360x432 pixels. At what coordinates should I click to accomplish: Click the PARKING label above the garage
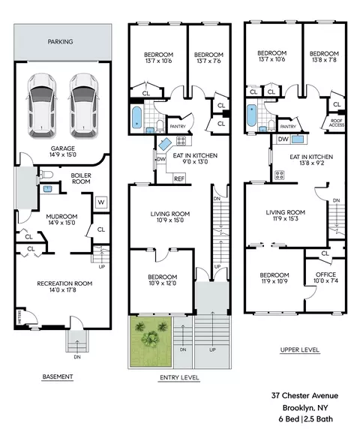click(60, 41)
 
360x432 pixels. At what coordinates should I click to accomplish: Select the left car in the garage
click(41, 106)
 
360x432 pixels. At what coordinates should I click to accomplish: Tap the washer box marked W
click(101, 202)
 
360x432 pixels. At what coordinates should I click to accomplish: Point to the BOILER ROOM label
click(81, 178)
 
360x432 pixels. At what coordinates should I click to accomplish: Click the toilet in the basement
click(46, 175)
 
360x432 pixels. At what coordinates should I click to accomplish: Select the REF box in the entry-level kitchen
click(179, 178)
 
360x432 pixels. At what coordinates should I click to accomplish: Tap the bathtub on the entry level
click(137, 117)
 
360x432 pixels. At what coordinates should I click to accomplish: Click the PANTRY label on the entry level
click(178, 127)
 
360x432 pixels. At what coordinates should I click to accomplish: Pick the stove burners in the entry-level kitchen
click(181, 141)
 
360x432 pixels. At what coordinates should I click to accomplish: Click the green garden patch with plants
click(151, 342)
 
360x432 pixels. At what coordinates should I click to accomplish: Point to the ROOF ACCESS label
click(337, 123)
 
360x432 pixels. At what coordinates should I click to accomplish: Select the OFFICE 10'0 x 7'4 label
click(325, 277)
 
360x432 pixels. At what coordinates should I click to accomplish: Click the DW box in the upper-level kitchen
click(283, 139)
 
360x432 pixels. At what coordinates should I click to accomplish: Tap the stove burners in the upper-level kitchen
click(279, 175)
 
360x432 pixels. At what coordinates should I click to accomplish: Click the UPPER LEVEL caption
click(300, 350)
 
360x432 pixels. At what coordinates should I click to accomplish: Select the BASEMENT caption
click(58, 376)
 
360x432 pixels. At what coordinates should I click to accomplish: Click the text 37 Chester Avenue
click(304, 396)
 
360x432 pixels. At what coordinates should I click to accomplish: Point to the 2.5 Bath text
click(319, 419)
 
